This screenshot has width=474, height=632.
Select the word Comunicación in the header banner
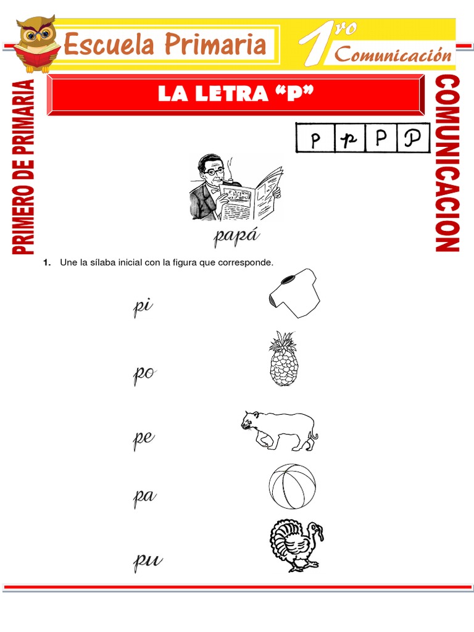[393, 55]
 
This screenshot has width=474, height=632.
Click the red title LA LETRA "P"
[235, 94]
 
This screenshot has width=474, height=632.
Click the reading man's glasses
[212, 171]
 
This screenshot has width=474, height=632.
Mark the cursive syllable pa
[144, 497]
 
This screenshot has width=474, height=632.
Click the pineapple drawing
[284, 359]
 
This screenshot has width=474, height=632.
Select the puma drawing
[280, 430]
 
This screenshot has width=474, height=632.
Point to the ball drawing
[292, 486]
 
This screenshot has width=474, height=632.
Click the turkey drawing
[296, 545]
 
